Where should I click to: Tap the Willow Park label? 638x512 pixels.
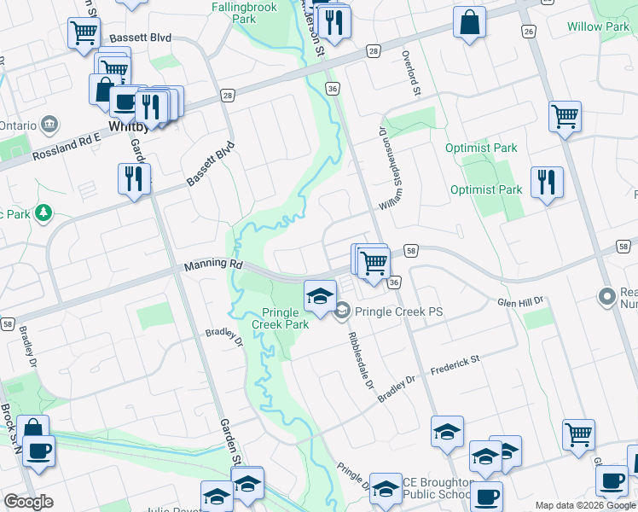point(598,27)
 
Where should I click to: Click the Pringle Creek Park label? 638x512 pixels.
point(281,318)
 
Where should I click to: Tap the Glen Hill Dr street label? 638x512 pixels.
point(520,302)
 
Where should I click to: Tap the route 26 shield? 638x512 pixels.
point(529,32)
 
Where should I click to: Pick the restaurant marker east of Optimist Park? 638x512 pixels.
point(547,183)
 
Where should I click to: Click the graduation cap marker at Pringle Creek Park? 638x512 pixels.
point(320,297)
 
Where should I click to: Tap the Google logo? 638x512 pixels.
point(29,502)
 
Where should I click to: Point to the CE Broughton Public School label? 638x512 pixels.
point(437,488)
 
